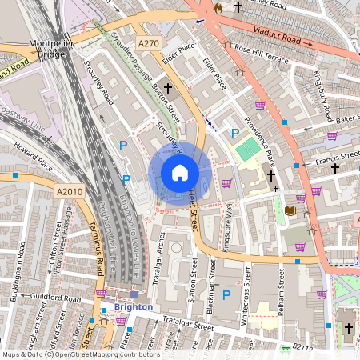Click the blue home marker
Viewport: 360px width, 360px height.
(x=180, y=173)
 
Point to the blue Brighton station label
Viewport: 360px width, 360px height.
(x=133, y=306)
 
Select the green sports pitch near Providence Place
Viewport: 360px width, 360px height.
(x=248, y=149)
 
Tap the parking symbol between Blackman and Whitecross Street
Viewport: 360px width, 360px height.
(x=226, y=295)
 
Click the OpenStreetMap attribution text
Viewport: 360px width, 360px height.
(x=80, y=354)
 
